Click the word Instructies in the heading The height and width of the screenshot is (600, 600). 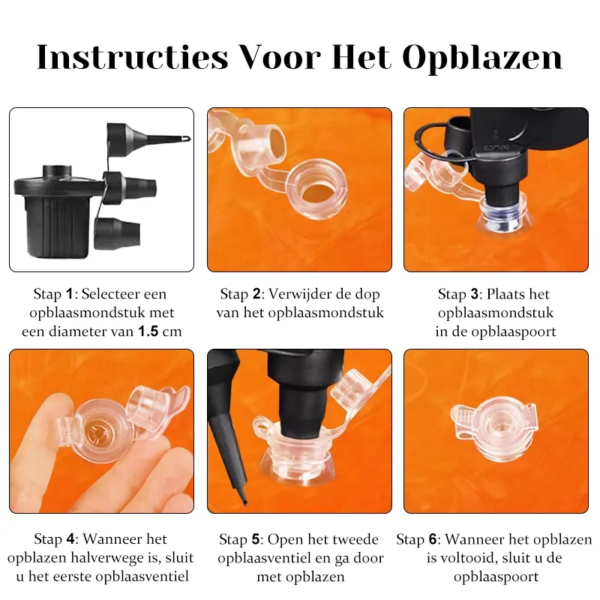pyautogui.click(x=132, y=58)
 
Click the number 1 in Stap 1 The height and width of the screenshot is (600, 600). pyautogui.click(x=69, y=294)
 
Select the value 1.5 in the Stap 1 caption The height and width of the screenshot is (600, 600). pyautogui.click(x=148, y=331)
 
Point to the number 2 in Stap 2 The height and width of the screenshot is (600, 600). pyautogui.click(x=256, y=294)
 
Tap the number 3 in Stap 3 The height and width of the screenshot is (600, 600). pyautogui.click(x=475, y=294)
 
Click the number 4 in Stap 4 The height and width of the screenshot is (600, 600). pyautogui.click(x=70, y=539)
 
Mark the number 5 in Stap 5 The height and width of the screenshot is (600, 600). pyautogui.click(x=256, y=539)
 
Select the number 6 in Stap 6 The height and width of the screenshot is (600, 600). pyautogui.click(x=433, y=539)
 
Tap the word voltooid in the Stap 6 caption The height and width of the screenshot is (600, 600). pyautogui.click(x=469, y=558)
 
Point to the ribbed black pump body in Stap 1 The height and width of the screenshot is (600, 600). pyautogui.click(x=58, y=226)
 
